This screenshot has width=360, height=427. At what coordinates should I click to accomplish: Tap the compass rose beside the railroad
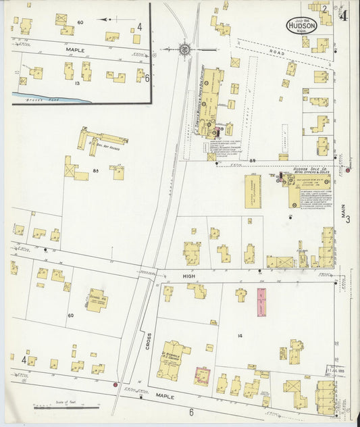(x=183, y=49)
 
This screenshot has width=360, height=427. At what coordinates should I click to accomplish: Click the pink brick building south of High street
(x=261, y=302)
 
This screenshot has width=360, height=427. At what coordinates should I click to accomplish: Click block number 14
(x=239, y=336)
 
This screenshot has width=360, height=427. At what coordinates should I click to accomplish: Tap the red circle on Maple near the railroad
(x=115, y=385)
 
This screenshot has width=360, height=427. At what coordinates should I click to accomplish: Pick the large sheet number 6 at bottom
(x=191, y=412)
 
